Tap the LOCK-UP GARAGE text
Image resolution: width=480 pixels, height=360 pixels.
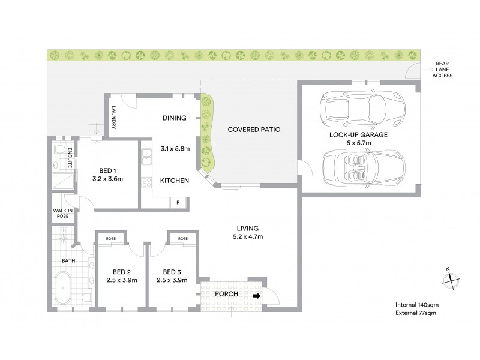[359, 136]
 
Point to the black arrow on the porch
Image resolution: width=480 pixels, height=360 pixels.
[257, 296]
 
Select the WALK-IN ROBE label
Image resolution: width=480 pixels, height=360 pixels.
[62, 214]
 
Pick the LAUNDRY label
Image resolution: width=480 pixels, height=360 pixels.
[113, 118]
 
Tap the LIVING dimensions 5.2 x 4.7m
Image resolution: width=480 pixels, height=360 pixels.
[247, 237]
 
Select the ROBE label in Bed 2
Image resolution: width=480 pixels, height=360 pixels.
[110, 238]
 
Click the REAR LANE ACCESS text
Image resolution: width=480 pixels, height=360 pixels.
[442, 71]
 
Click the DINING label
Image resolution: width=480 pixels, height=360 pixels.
[175, 118]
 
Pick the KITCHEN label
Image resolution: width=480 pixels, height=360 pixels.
[175, 181]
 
